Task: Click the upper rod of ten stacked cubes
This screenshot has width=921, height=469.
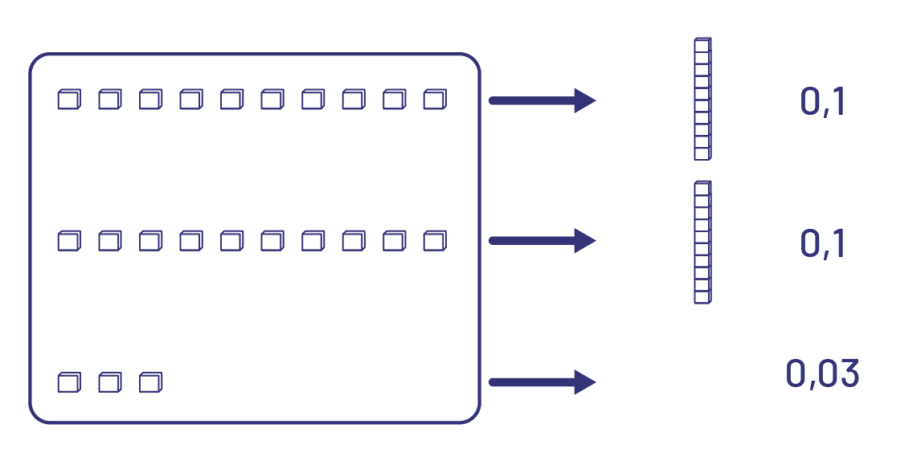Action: coord(702,99)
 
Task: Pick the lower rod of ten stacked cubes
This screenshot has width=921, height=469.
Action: coord(702,242)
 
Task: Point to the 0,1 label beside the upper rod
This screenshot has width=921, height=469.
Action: coord(823,102)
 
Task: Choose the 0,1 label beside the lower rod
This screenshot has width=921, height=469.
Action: coord(823,243)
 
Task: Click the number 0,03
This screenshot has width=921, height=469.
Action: coord(822,374)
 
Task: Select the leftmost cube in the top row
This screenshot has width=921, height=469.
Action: coord(69,100)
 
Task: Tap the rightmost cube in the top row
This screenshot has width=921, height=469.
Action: coord(435,100)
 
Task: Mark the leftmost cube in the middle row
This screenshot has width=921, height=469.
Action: coord(69,240)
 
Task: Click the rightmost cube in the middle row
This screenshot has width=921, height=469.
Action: coord(435,240)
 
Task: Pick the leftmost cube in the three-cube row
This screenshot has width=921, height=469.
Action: coord(69,381)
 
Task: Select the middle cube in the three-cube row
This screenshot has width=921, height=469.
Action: coord(109,381)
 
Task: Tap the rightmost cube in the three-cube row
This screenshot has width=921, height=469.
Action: coord(150,381)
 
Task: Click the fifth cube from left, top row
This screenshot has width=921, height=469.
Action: coord(231,100)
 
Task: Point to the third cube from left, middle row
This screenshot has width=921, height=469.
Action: coord(150,240)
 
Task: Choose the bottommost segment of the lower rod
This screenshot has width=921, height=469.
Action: coord(702,297)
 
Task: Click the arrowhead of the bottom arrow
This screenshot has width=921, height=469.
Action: coord(585,381)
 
